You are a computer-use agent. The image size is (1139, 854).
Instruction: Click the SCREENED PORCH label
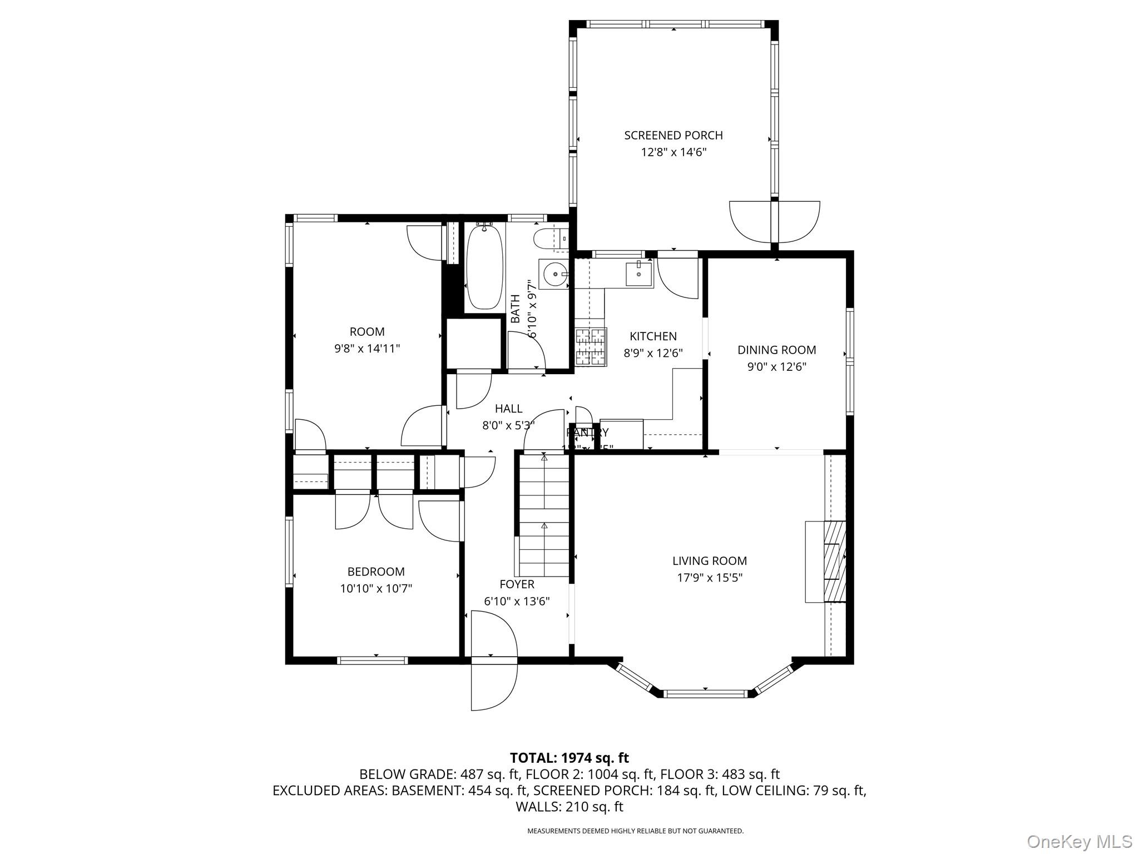(673, 135)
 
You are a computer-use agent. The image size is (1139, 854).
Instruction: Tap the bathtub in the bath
(484, 267)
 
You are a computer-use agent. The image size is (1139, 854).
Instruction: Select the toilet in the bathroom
(548, 240)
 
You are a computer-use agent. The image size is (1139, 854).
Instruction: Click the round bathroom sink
(554, 274)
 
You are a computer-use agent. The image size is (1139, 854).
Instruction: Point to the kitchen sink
(638, 274)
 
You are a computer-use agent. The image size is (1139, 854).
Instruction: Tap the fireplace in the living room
(826, 561)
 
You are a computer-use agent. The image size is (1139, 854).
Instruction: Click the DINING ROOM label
(776, 350)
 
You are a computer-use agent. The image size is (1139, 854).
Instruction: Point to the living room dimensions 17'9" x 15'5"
(709, 578)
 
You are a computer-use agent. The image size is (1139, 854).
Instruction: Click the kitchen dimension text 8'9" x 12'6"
(653, 353)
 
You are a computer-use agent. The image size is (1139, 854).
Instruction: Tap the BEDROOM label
(375, 572)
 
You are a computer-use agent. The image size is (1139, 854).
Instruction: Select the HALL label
(508, 409)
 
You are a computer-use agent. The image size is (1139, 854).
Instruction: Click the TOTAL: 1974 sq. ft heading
(569, 758)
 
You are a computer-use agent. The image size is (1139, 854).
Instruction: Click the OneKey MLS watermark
(1079, 841)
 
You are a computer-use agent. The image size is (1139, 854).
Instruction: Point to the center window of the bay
(705, 693)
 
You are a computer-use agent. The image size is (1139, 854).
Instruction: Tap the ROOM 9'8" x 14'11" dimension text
(367, 349)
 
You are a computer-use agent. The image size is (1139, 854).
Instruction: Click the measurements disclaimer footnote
(635, 831)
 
